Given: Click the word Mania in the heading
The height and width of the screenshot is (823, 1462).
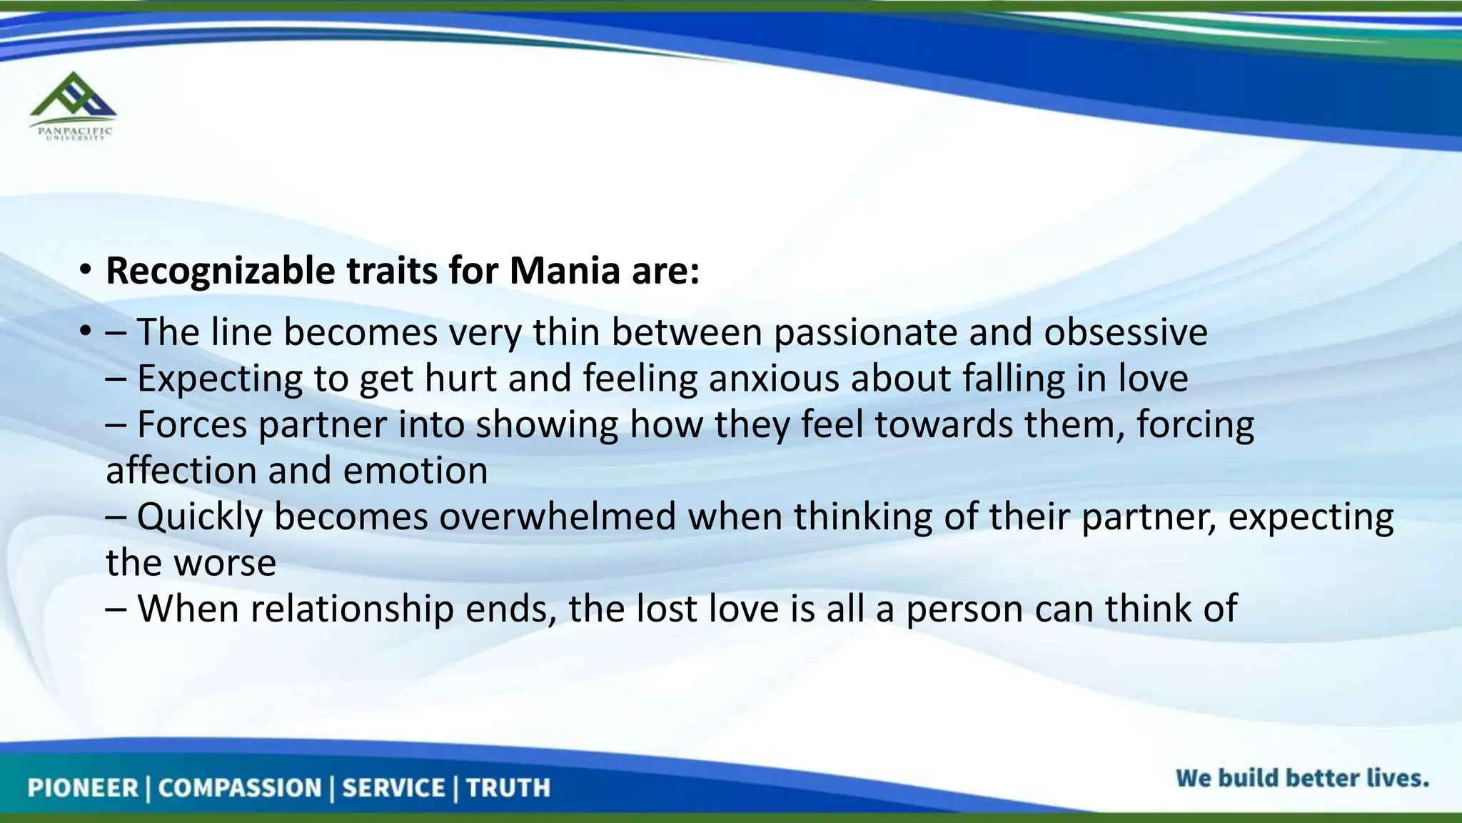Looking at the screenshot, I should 564,271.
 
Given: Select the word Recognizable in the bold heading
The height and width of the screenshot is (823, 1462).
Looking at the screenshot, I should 220,271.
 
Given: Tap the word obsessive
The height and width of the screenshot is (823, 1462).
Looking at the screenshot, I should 1126,332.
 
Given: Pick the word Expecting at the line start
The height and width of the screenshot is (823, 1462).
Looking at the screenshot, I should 220,379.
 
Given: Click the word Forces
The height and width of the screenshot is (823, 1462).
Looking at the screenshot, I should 192,424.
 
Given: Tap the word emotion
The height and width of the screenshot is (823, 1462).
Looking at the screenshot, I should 415,471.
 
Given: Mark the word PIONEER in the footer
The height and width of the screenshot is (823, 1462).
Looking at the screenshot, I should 82,788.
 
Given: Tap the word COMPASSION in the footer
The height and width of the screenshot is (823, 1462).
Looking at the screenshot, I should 240,788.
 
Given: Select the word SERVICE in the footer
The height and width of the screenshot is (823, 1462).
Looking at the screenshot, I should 393,788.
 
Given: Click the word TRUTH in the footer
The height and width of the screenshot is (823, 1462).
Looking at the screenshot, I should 508,788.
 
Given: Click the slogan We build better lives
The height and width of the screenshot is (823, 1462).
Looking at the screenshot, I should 1302,778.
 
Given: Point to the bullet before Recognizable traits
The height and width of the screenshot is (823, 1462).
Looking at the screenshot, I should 86,271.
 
